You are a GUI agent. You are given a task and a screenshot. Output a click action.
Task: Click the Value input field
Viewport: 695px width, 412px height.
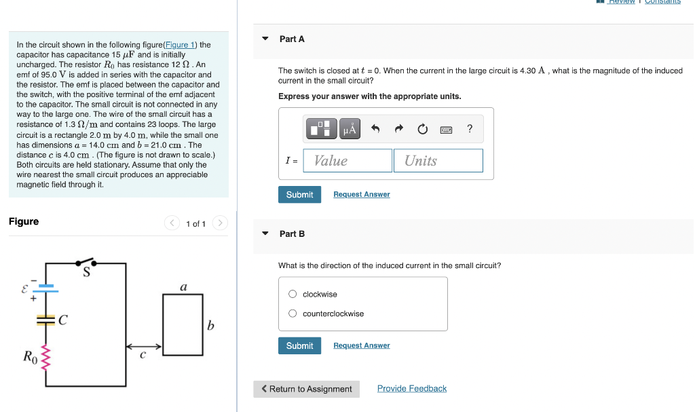point(347,161)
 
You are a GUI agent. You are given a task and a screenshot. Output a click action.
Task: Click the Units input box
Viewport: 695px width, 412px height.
point(438,161)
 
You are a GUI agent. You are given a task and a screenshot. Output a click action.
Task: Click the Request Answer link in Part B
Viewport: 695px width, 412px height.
point(361,345)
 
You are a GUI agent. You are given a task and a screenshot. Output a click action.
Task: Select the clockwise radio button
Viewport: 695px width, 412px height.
point(293,294)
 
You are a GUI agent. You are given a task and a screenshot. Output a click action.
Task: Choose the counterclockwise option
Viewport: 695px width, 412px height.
point(293,314)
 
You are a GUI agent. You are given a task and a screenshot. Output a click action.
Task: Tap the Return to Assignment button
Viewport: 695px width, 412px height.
point(306,389)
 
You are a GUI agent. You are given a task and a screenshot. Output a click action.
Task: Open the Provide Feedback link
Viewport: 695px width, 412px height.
point(411,389)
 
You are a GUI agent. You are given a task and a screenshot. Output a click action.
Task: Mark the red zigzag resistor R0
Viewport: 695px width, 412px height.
point(46,356)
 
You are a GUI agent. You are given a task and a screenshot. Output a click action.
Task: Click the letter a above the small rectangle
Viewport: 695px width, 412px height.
point(183,287)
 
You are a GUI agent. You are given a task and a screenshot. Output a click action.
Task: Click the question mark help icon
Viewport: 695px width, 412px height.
point(470,128)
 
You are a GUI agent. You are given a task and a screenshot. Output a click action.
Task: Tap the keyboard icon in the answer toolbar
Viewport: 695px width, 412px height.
point(446,128)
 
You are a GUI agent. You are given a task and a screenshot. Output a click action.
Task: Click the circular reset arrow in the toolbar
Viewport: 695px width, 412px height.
point(422,128)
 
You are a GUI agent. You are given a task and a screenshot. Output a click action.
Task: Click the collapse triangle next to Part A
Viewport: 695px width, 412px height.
point(265,39)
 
